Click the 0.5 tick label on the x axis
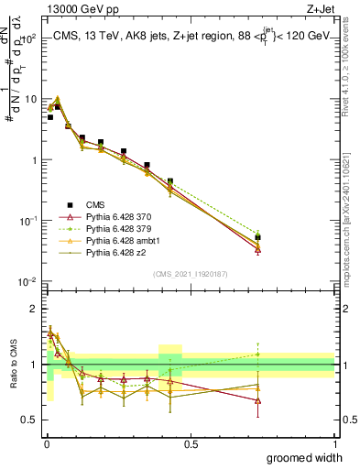click(191, 444)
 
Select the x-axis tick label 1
click(334, 444)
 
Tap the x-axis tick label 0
click(46, 444)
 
